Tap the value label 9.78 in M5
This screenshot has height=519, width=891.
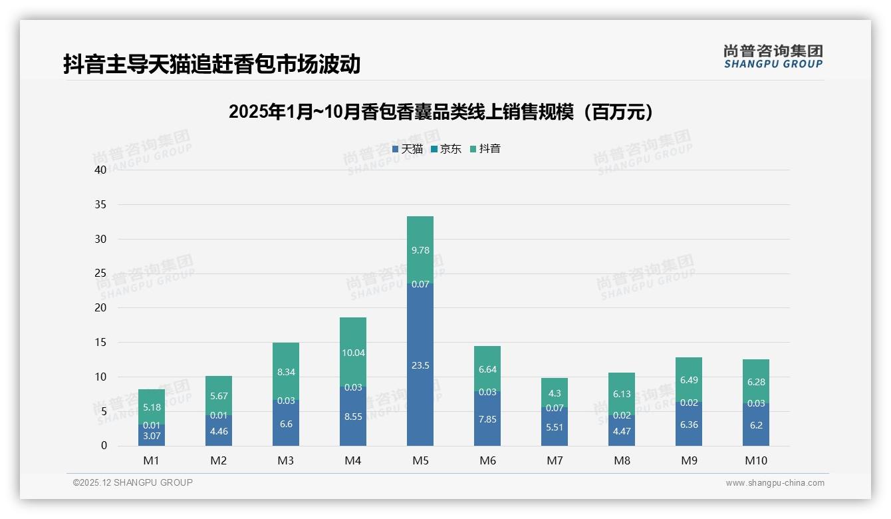(420, 250)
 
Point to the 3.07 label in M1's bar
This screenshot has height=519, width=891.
(152, 436)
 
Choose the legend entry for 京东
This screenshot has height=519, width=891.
(446, 149)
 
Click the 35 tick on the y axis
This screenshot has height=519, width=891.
(100, 204)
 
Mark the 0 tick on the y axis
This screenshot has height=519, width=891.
(104, 446)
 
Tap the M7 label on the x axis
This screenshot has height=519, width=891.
(555, 460)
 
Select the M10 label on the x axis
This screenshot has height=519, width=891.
(755, 460)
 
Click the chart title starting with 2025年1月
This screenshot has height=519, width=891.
(440, 112)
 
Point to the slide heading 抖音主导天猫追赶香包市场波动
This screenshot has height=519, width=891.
(211, 64)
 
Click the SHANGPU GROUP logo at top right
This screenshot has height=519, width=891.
(773, 57)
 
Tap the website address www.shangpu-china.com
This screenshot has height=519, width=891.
(775, 483)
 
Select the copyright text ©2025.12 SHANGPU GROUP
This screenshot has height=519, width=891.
(133, 482)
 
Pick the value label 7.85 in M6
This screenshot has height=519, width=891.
(487, 419)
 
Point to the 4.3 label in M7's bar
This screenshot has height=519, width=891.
(555, 393)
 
